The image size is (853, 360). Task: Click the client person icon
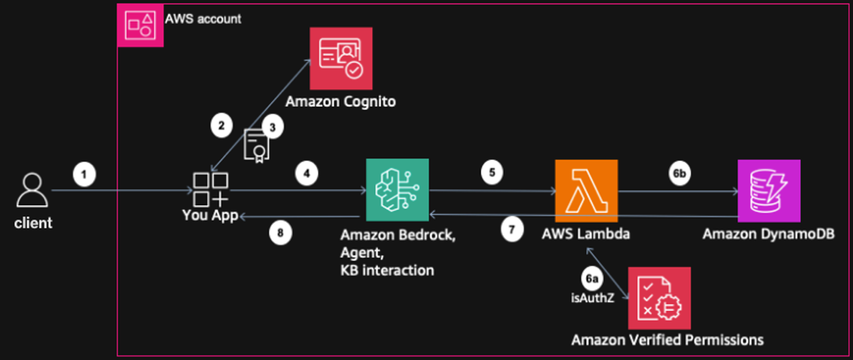point(33,190)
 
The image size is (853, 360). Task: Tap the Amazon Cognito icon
point(340,58)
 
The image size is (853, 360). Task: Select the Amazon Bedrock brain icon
point(397,190)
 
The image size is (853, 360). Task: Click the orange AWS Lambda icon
point(586,190)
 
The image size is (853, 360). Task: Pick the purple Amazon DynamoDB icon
point(768,190)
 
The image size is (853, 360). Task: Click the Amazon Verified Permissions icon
point(659,298)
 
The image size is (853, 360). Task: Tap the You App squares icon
point(210,190)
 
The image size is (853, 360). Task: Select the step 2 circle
point(222,126)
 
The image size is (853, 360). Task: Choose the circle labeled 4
point(306,174)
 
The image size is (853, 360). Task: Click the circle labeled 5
point(492,173)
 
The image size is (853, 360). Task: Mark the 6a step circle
point(590,278)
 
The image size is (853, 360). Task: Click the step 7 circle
point(512,229)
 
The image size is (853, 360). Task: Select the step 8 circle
point(280,233)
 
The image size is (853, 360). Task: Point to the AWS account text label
point(203,19)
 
